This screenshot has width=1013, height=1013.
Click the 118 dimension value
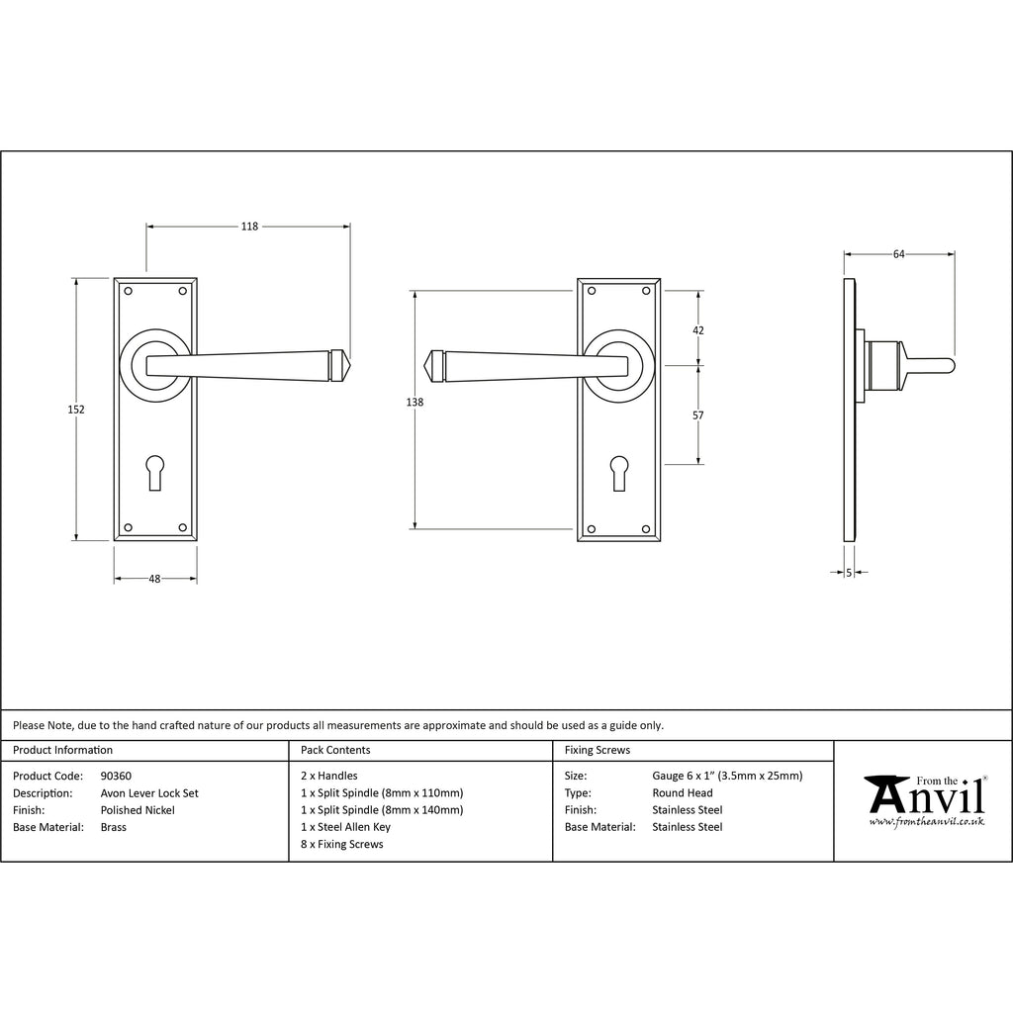(x=249, y=227)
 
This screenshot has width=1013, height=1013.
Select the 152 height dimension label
(x=76, y=409)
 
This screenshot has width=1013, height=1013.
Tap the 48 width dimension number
(x=154, y=579)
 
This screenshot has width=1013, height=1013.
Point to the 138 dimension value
(x=414, y=402)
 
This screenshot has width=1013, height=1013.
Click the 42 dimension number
(x=698, y=330)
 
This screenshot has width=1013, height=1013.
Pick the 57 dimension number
(x=698, y=415)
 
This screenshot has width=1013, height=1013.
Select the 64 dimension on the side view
(x=898, y=254)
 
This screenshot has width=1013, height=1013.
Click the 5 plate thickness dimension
(x=849, y=573)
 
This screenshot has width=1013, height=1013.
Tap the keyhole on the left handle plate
(x=155, y=473)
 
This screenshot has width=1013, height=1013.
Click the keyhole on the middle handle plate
(x=619, y=473)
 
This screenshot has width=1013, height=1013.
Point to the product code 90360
(x=116, y=776)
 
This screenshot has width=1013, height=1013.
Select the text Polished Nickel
(x=138, y=810)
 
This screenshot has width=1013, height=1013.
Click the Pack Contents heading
(x=335, y=750)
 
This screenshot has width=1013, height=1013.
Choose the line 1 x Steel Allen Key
(x=345, y=827)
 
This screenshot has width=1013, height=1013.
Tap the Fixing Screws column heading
(x=598, y=750)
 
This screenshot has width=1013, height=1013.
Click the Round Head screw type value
(x=683, y=792)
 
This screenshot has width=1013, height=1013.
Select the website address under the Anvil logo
(x=926, y=822)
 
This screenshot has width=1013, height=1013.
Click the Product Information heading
(x=62, y=750)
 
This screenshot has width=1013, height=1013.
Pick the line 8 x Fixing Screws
(x=341, y=845)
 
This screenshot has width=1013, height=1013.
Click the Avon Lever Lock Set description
(x=149, y=793)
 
